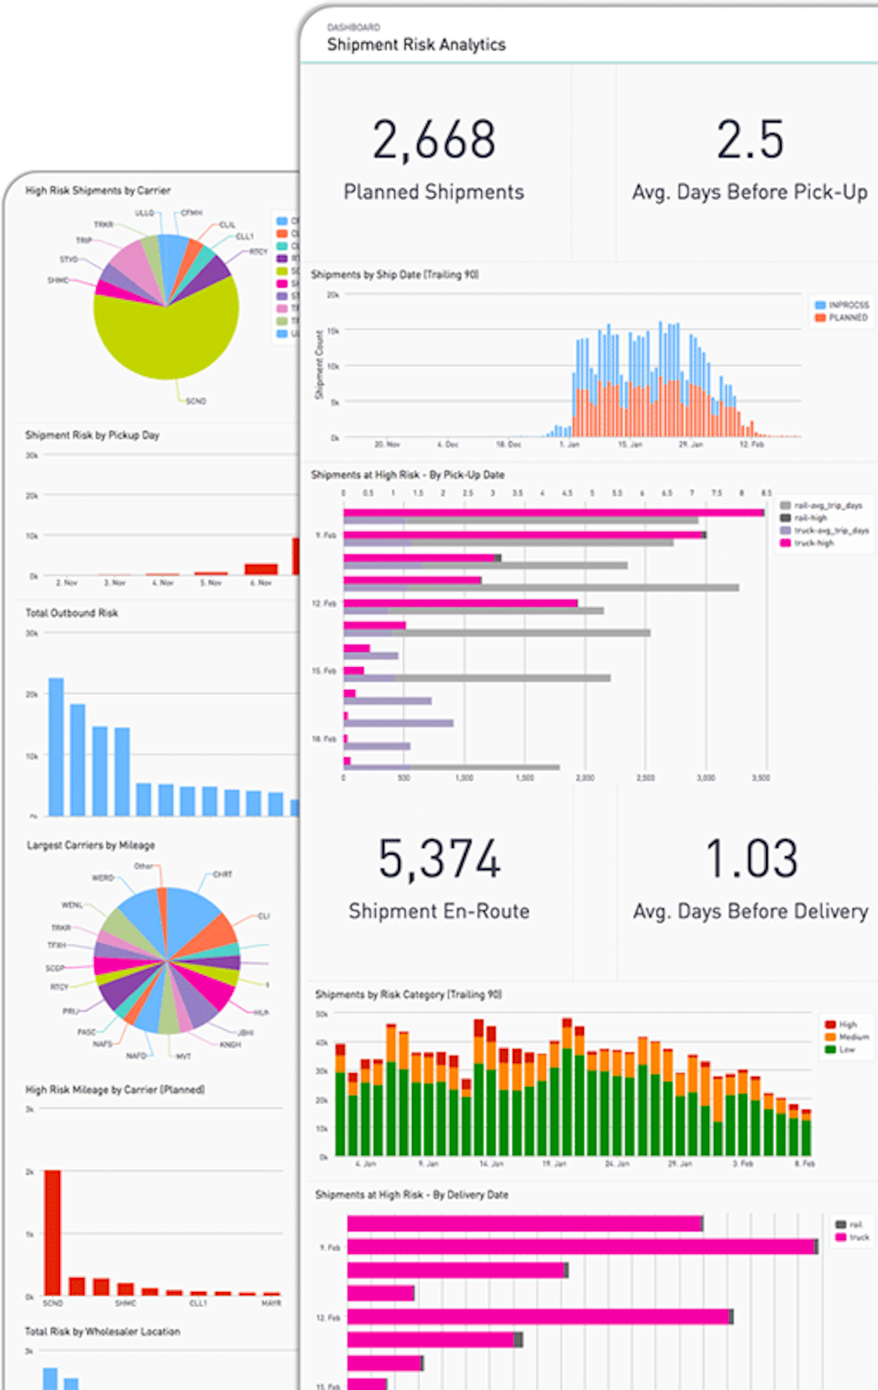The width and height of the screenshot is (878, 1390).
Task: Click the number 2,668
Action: [x=434, y=140]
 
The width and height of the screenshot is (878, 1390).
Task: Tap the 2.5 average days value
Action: [x=750, y=140]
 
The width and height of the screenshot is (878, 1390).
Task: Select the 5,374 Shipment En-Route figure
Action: [x=439, y=859]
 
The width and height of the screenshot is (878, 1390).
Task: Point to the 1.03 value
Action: [x=751, y=859]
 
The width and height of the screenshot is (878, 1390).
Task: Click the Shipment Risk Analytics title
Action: [x=416, y=45]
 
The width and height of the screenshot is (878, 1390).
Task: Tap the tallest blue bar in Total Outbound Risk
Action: [x=56, y=746]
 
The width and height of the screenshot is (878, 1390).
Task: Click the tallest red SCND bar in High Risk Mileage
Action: [x=53, y=1232]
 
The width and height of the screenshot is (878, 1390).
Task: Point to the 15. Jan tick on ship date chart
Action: [x=630, y=444]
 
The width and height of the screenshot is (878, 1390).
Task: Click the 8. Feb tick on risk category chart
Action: [x=805, y=1163]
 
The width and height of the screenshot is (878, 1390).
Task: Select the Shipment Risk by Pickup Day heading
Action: [x=92, y=435]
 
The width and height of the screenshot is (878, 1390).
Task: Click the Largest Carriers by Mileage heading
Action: [x=91, y=845]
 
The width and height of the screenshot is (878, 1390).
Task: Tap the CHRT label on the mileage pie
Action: [x=222, y=874]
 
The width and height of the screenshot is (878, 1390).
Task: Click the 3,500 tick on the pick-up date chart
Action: [x=761, y=778]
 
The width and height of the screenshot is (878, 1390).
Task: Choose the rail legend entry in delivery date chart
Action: [x=855, y=1224]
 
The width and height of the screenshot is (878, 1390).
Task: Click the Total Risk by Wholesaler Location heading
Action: [x=102, y=1331]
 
